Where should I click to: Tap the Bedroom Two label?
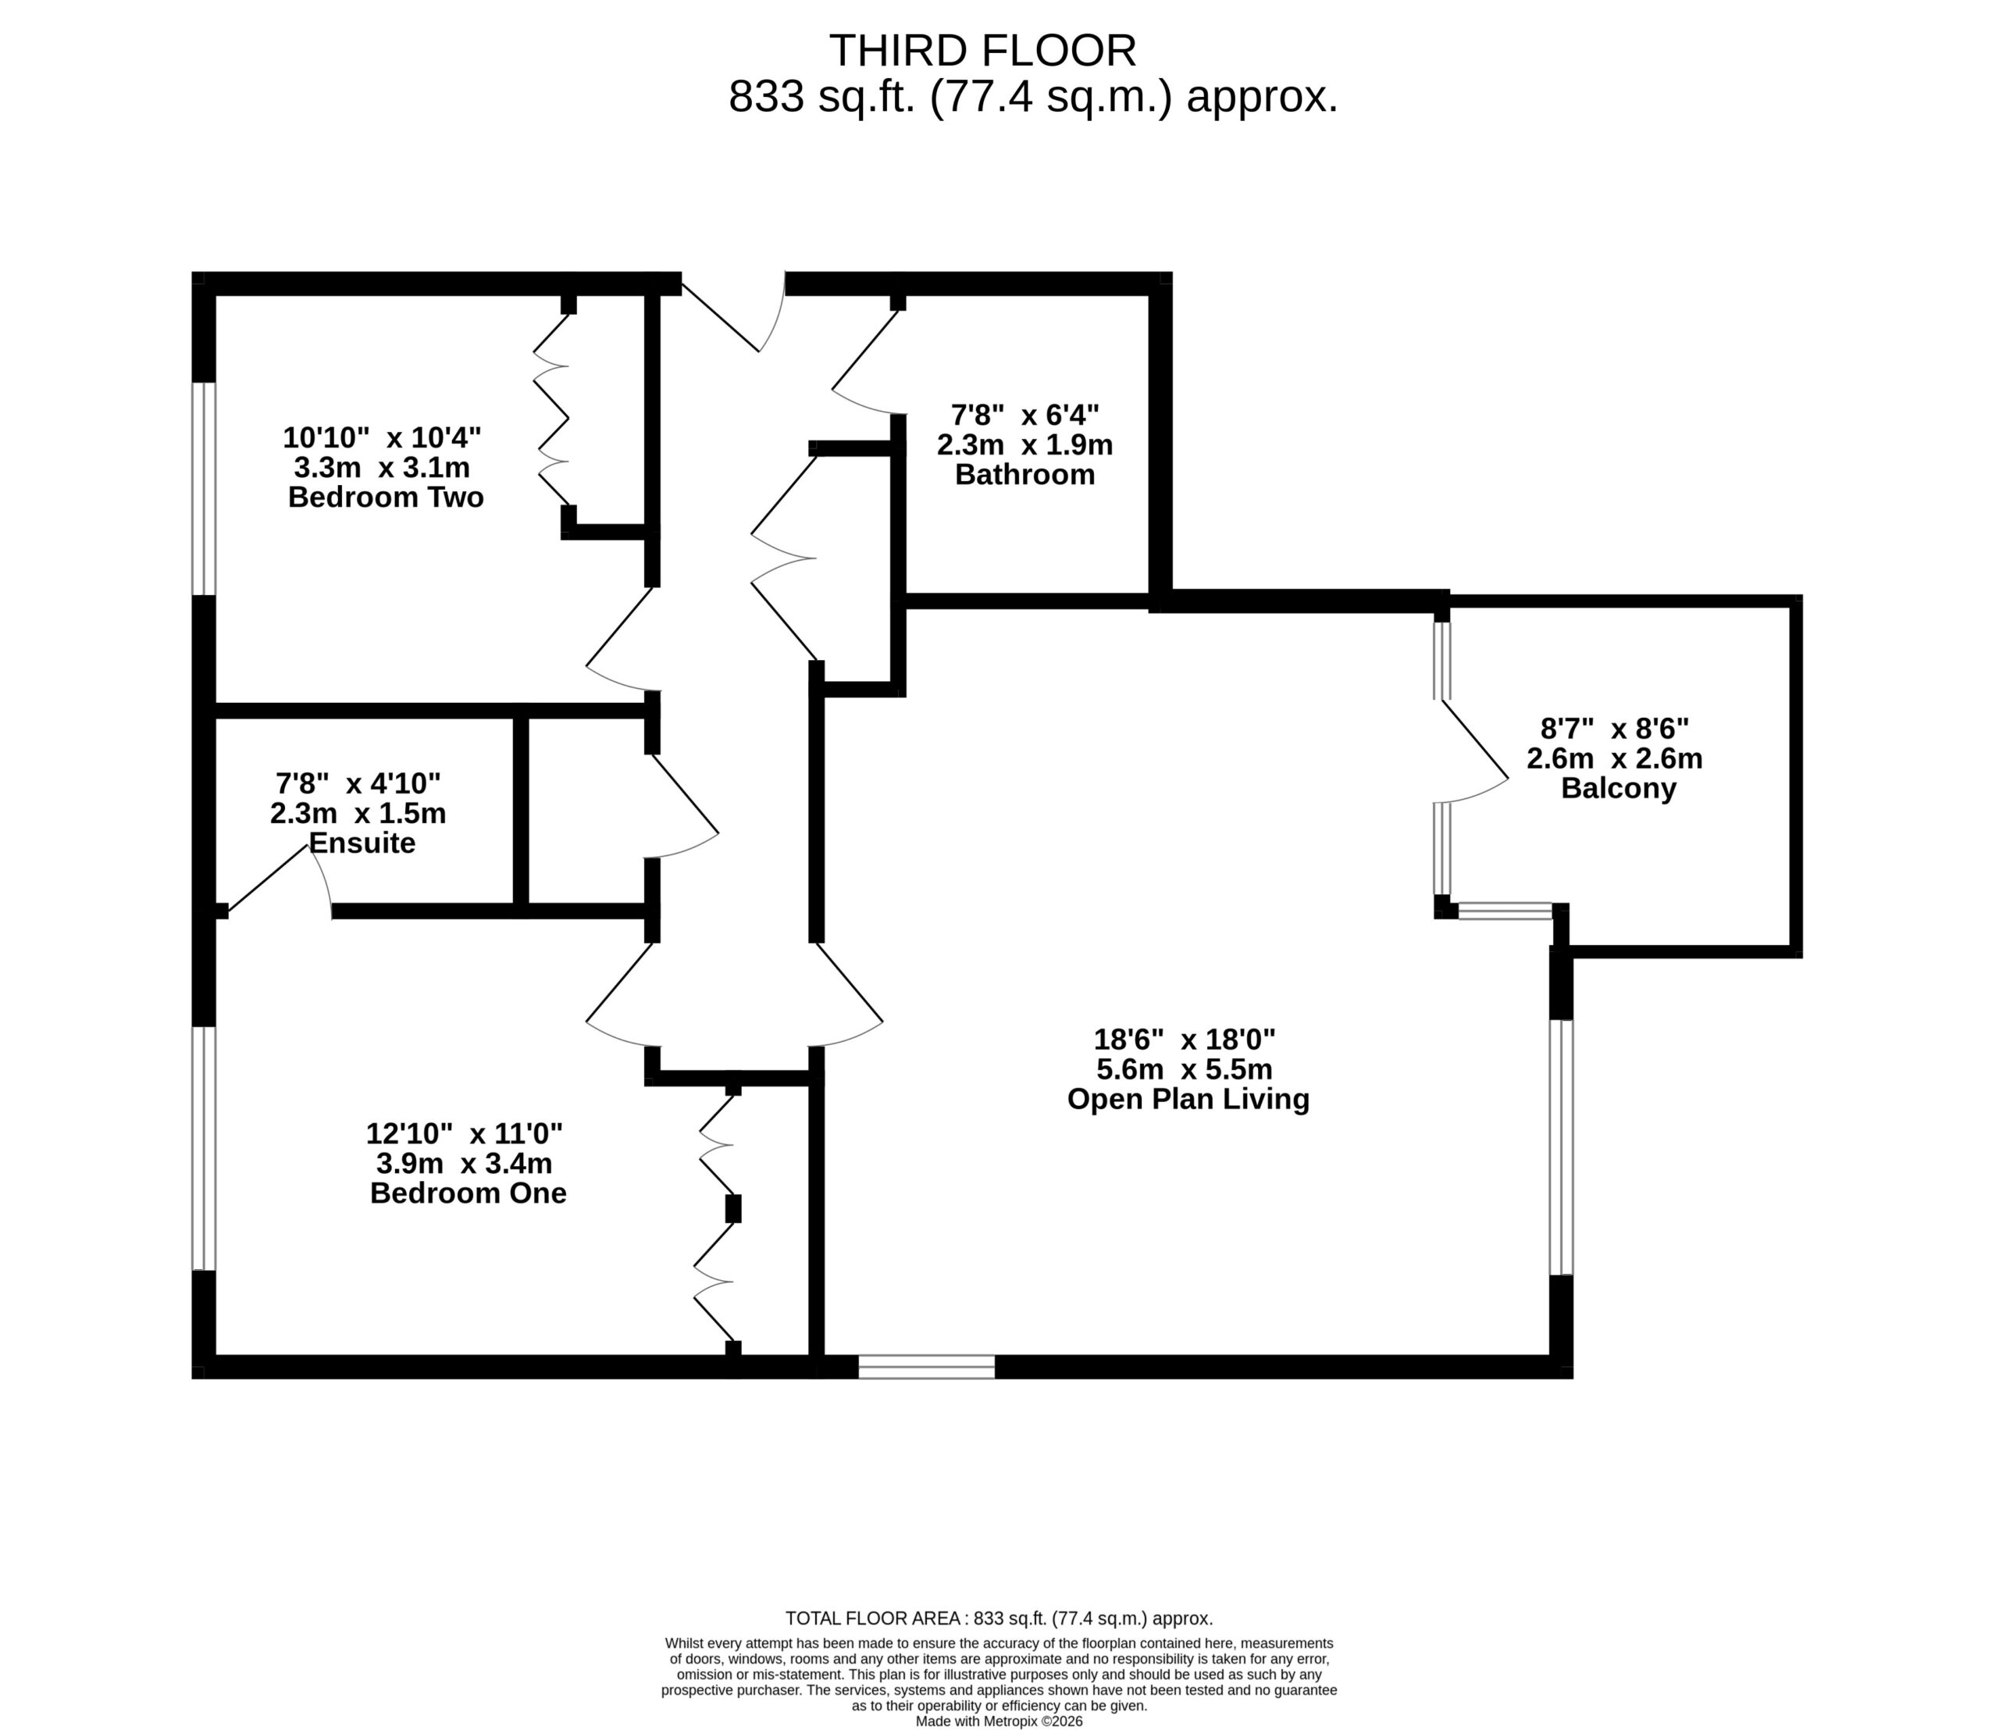[x=386, y=498]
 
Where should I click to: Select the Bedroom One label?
[x=469, y=1193]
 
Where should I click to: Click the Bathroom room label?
[x=1025, y=475]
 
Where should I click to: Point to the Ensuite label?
[x=362, y=843]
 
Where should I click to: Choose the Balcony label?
[x=1619, y=789]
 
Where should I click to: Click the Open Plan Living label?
[x=1188, y=1100]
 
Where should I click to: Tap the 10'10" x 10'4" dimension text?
[x=383, y=437]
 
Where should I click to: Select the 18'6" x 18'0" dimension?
[x=1185, y=1040]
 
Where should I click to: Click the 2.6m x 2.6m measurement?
[x=1615, y=759]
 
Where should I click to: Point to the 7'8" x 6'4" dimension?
[x=1025, y=416]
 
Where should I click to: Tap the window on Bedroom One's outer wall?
[x=204, y=1148]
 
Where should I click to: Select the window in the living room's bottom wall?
[x=927, y=1366]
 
